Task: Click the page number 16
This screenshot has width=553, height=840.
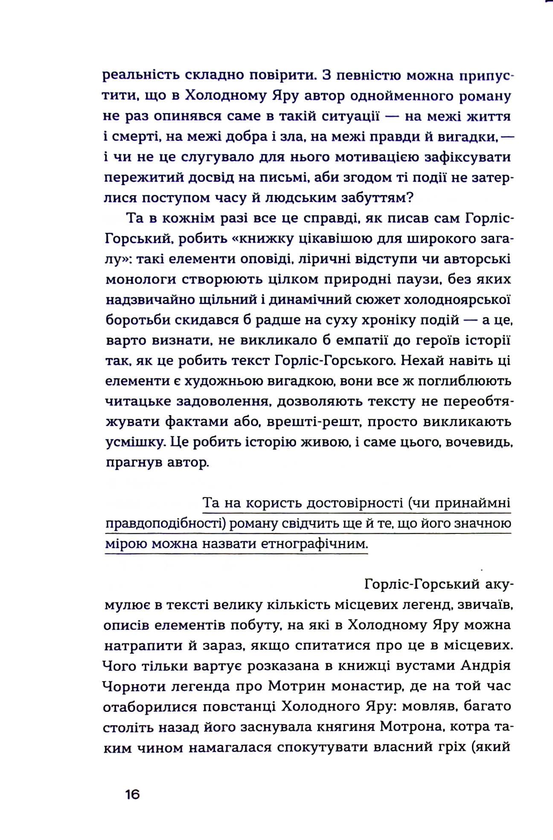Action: coord(132,794)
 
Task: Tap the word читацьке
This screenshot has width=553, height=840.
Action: coord(139,401)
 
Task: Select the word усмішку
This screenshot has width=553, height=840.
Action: coord(135,442)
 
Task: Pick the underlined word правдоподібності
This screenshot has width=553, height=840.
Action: coord(166,524)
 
